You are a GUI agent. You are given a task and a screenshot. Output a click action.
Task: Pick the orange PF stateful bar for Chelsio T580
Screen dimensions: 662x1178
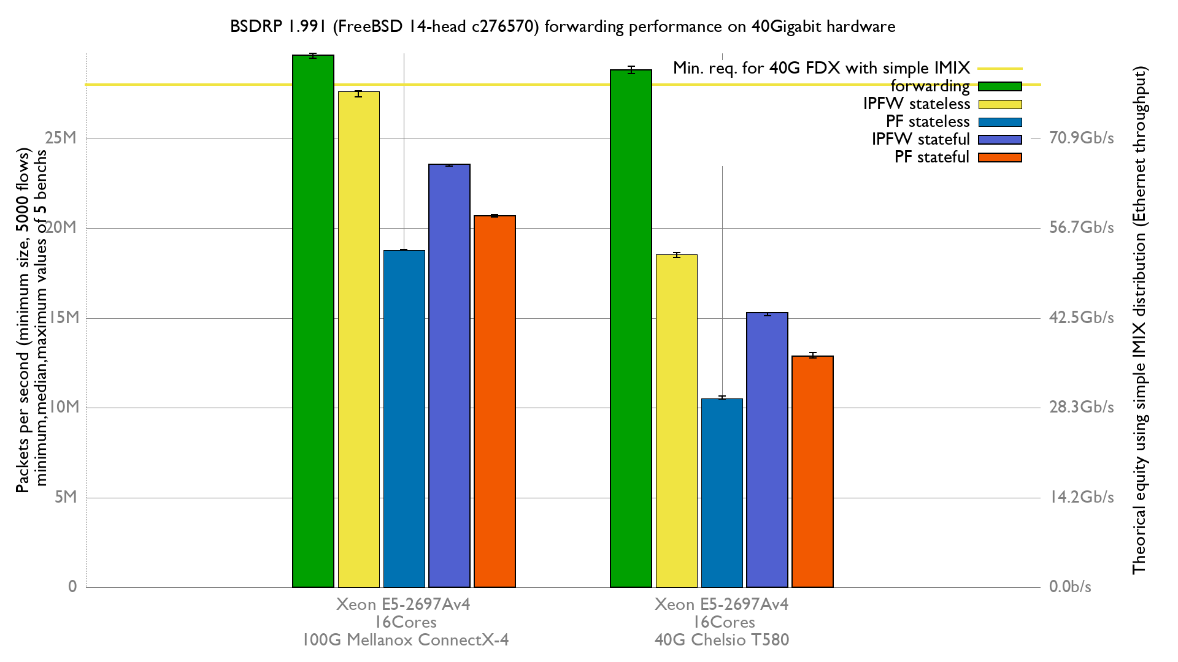pyautogui.click(x=812, y=471)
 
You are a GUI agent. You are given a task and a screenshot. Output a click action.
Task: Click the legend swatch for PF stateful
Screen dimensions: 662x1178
pyautogui.click(x=999, y=158)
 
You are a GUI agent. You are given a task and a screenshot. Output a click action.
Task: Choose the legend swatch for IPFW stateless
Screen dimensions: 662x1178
pyautogui.click(x=999, y=105)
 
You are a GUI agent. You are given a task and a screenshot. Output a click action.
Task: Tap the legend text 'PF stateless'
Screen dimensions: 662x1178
pyautogui.click(x=927, y=122)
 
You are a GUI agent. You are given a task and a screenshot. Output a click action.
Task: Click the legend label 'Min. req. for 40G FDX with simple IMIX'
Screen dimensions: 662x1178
pyautogui.click(x=821, y=68)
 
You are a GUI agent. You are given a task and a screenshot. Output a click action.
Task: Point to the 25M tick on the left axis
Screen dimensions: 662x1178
pyautogui.click(x=61, y=138)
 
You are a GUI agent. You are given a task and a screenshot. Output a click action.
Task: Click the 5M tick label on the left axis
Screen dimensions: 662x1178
pyautogui.click(x=66, y=497)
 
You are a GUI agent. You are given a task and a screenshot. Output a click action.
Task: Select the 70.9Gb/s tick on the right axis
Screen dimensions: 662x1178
pyautogui.click(x=1081, y=138)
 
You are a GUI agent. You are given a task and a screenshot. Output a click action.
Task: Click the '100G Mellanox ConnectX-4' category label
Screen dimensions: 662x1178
pyautogui.click(x=405, y=640)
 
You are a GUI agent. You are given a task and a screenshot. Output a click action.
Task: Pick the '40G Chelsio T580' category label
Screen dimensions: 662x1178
pyautogui.click(x=722, y=640)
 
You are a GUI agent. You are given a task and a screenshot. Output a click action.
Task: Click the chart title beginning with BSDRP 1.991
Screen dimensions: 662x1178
pyautogui.click(x=563, y=27)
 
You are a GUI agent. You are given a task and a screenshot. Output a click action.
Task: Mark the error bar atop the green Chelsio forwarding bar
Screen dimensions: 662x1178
pyautogui.click(x=631, y=70)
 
